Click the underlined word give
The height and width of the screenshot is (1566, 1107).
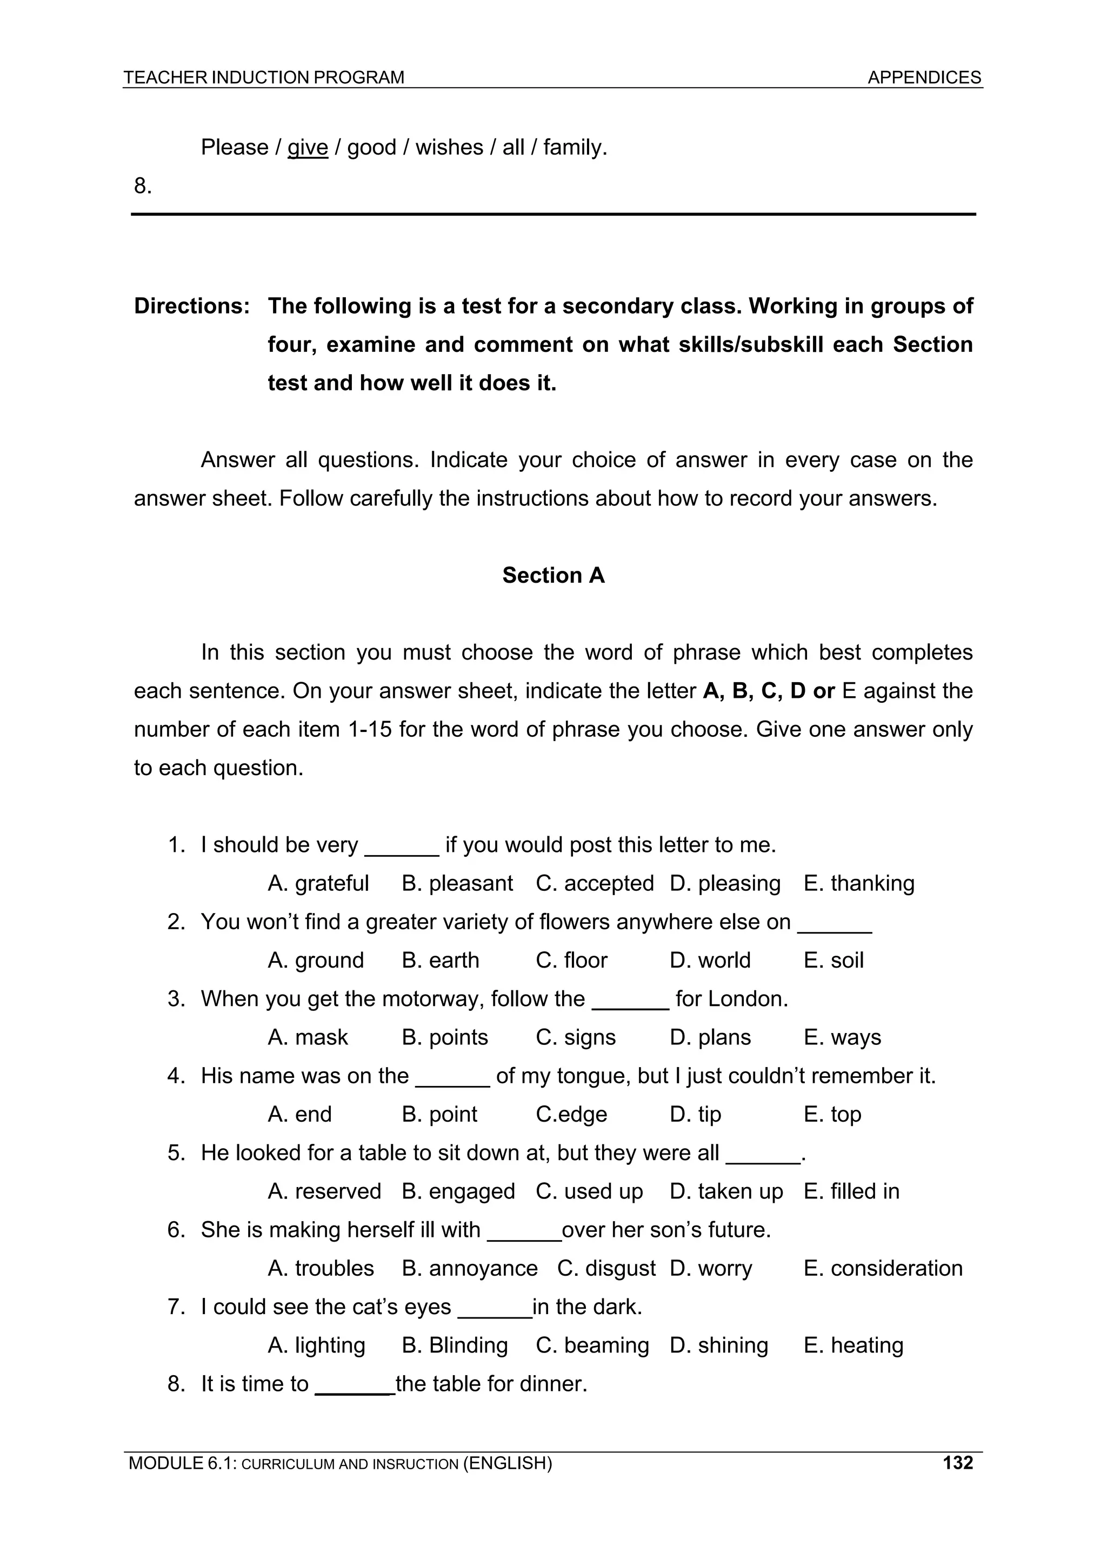pyautogui.click(x=308, y=148)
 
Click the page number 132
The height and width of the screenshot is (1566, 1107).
pyautogui.click(x=958, y=1462)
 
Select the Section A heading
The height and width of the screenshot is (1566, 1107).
pyautogui.click(x=553, y=575)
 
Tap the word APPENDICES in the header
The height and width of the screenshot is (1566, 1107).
pyautogui.click(x=924, y=78)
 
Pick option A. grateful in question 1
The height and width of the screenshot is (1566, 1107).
pyautogui.click(x=318, y=883)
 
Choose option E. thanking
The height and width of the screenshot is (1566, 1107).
pyautogui.click(x=859, y=883)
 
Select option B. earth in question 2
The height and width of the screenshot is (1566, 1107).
pyautogui.click(x=440, y=961)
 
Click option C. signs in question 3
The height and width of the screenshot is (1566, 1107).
pyautogui.click(x=575, y=1037)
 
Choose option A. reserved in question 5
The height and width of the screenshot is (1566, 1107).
pyautogui.click(x=324, y=1191)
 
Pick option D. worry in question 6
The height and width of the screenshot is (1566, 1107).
pyautogui.click(x=711, y=1269)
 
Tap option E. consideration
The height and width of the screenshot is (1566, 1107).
pyautogui.click(x=883, y=1269)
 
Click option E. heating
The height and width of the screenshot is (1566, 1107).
pyautogui.click(x=853, y=1345)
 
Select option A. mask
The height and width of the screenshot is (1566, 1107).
pyautogui.click(x=308, y=1037)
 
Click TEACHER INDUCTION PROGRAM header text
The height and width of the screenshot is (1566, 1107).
pyautogui.click(x=264, y=78)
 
